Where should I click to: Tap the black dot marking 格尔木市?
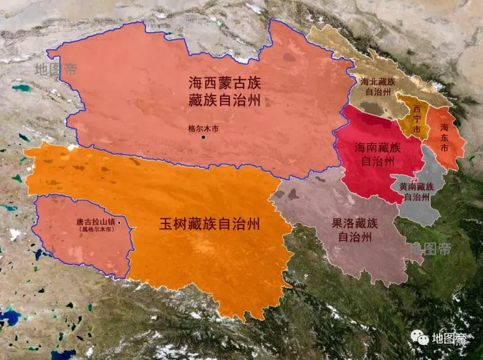pos(203,137)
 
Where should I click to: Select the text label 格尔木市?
pos(203,128)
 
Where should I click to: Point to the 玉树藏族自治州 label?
pos(209,224)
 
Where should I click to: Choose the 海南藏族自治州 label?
pos(377,154)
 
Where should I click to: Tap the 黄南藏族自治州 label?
pos(417,191)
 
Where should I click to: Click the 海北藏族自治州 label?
pos(378,87)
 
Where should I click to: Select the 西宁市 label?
pos(417,118)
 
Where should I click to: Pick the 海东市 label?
pos(444,137)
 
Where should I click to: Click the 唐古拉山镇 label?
pos(95,222)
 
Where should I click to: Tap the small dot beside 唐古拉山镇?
pos(119,222)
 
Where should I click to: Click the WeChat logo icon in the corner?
pos(420,338)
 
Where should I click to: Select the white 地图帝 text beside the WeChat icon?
pos(449,339)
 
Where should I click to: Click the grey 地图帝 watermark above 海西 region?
pos(56,69)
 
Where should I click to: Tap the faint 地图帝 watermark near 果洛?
pos(430,249)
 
